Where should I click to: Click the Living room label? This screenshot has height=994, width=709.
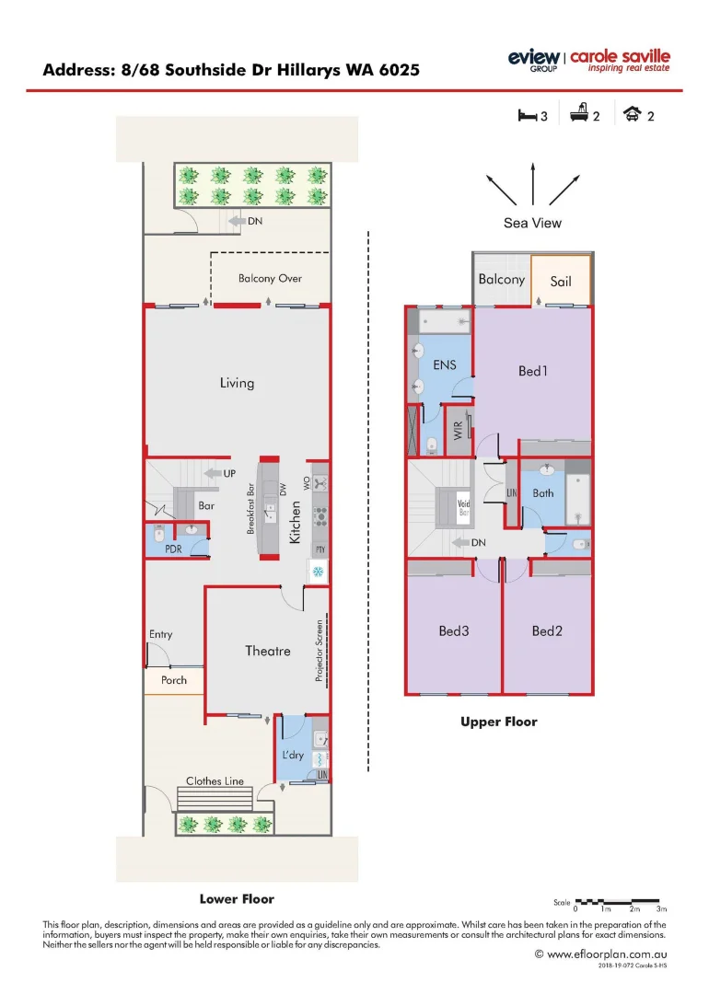tap(237, 383)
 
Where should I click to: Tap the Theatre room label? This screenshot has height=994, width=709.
tap(267, 651)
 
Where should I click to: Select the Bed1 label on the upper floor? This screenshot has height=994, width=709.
tap(533, 371)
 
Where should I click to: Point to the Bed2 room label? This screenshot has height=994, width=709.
tap(547, 630)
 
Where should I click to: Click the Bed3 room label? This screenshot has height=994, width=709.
tap(454, 630)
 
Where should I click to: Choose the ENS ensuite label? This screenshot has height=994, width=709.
tap(445, 365)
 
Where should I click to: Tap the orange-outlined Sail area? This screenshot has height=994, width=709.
tap(561, 280)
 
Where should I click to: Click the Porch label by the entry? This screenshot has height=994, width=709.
tap(174, 680)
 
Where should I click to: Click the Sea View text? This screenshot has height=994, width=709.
tap(532, 223)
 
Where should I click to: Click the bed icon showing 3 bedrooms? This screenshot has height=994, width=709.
tap(526, 115)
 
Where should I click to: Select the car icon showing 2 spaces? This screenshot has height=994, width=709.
tap(633, 115)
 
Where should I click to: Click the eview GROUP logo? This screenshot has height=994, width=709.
tap(533, 60)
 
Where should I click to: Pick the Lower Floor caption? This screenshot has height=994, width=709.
tap(237, 898)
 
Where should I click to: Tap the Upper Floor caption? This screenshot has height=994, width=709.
tap(498, 722)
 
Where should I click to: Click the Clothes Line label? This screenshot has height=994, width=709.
tap(215, 781)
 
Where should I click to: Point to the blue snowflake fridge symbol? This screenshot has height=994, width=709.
tap(319, 572)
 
